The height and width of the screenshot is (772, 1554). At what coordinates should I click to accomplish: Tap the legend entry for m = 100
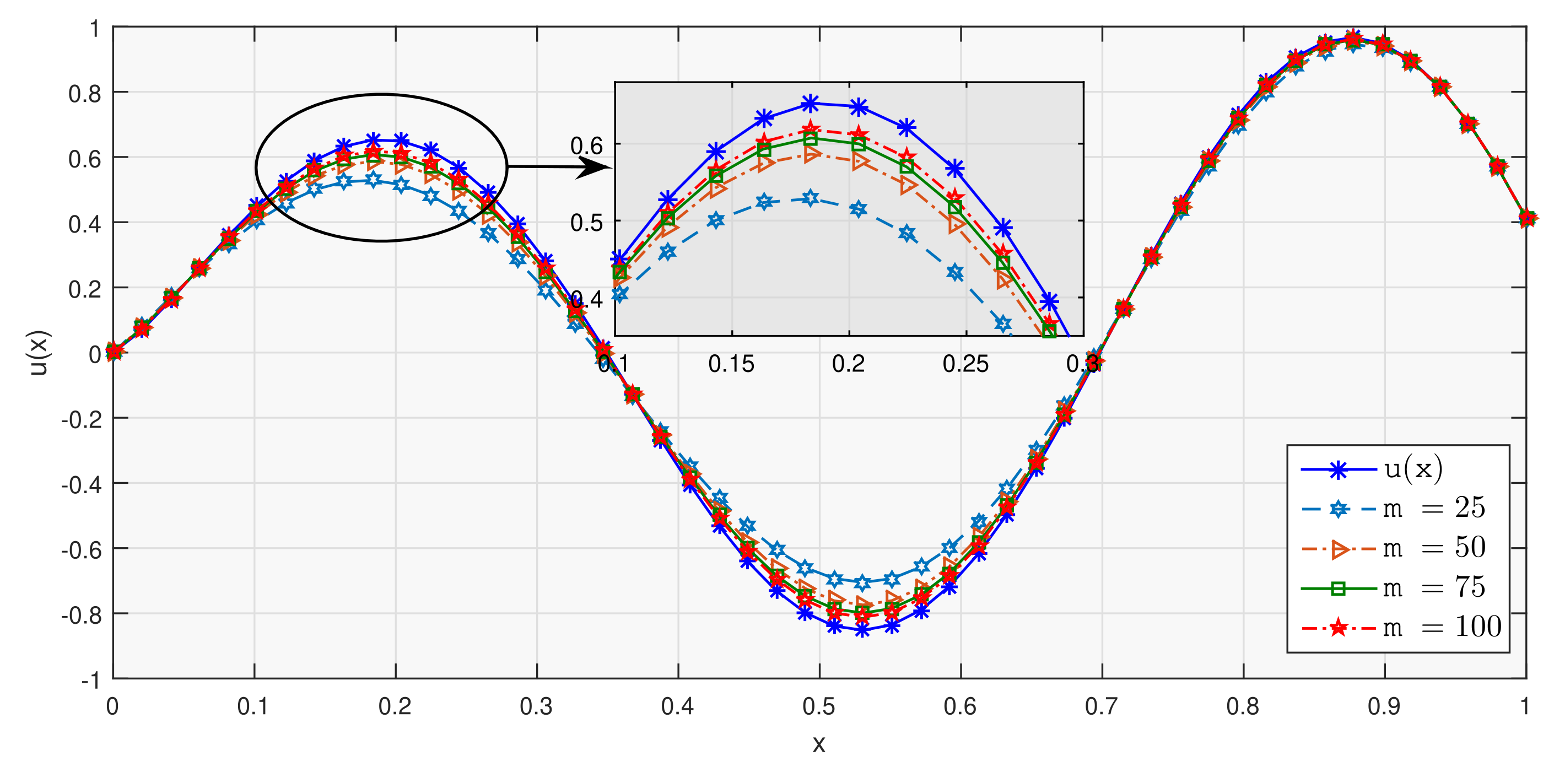(x=1400, y=627)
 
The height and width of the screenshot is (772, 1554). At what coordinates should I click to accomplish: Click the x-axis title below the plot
(x=819, y=744)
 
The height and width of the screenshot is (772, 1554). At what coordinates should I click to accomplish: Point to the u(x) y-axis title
(x=39, y=353)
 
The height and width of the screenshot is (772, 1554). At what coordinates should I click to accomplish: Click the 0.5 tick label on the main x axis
(x=819, y=706)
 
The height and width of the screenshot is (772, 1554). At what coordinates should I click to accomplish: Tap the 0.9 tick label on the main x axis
(x=1384, y=706)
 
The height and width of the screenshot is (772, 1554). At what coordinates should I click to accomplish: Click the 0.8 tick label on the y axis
(x=84, y=94)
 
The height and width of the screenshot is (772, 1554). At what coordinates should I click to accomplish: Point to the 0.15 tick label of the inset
(x=731, y=364)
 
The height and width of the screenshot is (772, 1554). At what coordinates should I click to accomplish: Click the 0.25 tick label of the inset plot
(x=965, y=364)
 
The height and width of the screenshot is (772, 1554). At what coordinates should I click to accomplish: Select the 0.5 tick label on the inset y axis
(x=586, y=223)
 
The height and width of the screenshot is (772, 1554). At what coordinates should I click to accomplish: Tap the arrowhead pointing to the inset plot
(x=594, y=167)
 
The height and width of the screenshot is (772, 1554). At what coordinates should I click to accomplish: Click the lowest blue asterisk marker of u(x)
(x=862, y=630)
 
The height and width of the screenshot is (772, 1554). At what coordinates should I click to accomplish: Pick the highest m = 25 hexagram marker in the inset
(x=811, y=198)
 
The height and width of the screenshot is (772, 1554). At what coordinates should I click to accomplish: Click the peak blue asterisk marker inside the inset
(x=811, y=104)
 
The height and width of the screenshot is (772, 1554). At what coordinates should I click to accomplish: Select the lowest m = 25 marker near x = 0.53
(x=862, y=582)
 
